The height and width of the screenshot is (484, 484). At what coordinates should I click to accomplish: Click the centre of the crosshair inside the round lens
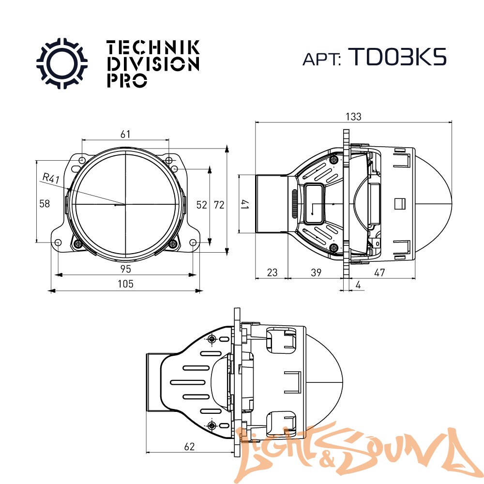125,204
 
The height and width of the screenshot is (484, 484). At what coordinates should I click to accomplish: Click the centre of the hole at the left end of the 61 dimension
82,161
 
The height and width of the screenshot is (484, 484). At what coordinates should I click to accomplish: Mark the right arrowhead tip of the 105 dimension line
203,290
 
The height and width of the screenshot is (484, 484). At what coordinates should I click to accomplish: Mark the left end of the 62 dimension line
146,453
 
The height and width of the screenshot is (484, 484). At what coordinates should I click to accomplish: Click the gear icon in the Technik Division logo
62,63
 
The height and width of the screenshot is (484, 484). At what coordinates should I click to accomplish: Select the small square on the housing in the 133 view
400,204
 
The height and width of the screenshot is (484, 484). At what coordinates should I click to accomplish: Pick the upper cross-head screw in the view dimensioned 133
333,160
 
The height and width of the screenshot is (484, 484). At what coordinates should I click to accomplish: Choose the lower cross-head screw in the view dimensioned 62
212,426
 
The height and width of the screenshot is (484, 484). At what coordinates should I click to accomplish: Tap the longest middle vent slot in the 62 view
188,382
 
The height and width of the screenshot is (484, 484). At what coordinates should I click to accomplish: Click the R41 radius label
51,178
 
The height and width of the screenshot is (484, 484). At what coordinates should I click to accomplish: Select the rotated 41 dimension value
245,204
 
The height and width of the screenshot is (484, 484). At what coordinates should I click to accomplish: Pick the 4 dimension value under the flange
358,285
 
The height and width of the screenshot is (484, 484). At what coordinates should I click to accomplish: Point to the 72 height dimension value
219,205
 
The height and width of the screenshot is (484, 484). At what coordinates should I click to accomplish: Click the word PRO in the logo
127,80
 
